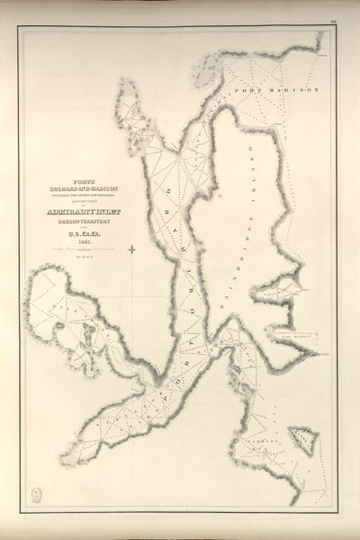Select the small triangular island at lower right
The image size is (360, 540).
(x=303, y=441)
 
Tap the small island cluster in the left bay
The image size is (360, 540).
(x=85, y=329)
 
